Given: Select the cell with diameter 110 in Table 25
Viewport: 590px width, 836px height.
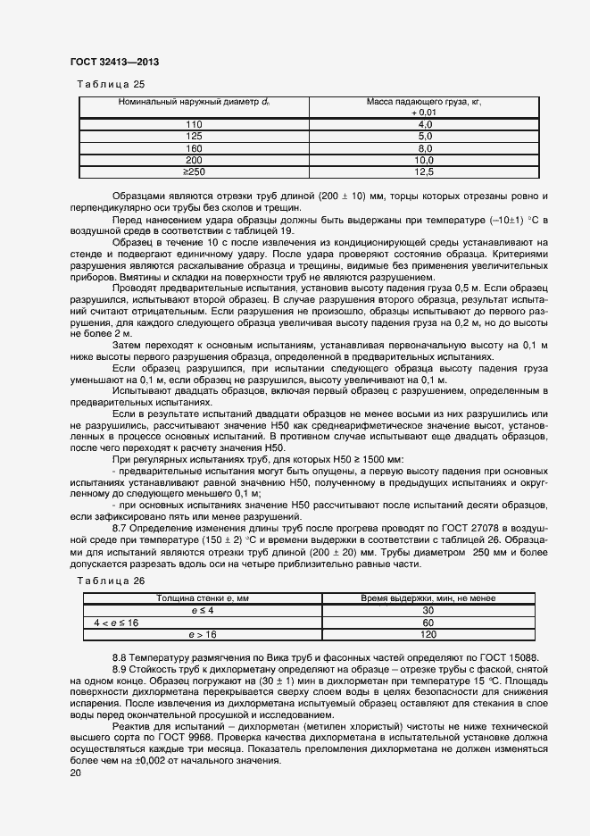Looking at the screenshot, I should tap(194, 124).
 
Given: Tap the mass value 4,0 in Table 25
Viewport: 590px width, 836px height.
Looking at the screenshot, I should tap(424, 124).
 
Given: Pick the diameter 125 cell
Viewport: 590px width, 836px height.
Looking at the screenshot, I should tap(194, 136).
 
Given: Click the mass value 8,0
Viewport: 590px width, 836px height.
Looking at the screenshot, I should tap(424, 147).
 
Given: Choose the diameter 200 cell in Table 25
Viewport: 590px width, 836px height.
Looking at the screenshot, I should tap(194, 159).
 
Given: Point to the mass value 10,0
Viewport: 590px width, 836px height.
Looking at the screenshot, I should tap(424, 159).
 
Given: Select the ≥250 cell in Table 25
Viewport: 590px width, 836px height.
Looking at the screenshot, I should tap(194, 171).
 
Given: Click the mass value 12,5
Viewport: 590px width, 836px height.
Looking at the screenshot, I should tap(424, 171).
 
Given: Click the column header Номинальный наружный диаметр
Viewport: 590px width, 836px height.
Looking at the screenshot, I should tap(194, 103).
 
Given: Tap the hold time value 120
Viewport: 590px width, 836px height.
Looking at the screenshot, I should tap(428, 634).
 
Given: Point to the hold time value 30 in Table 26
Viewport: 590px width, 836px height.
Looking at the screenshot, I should tap(428, 610).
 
